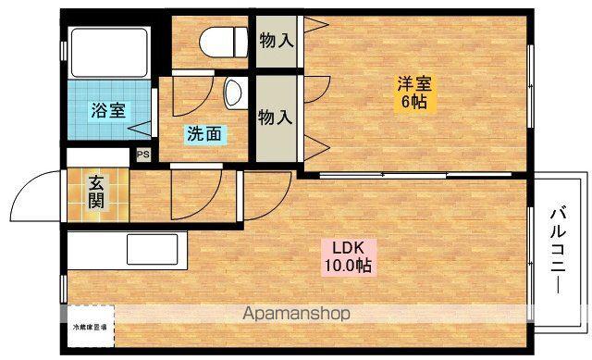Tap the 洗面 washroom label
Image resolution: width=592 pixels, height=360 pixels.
[x=204, y=133]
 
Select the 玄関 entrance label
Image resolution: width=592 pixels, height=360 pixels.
[x=96, y=192]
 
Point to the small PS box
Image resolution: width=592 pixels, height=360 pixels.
[x=143, y=155]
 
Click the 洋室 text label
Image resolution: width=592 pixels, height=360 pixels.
[x=413, y=82]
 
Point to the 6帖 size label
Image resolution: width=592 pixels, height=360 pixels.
[x=413, y=102]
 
